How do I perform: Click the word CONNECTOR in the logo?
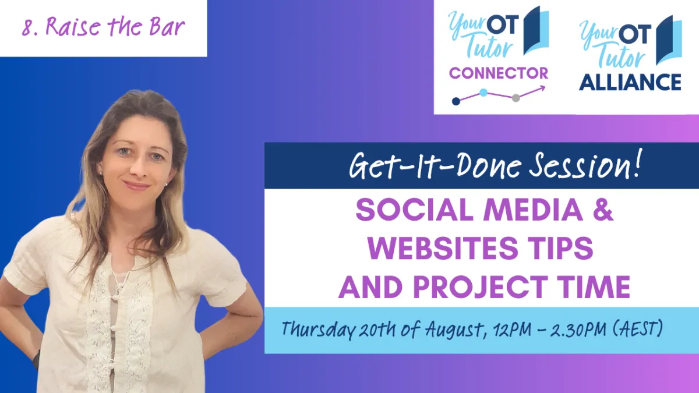point(499,73)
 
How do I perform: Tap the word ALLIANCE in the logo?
point(630,82)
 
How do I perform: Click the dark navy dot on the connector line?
point(456,101)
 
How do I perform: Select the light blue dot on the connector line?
point(483,93)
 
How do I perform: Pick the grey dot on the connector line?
point(516,98)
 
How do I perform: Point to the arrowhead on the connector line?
point(542,88)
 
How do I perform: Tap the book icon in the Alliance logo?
point(669,40)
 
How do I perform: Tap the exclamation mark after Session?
point(636,163)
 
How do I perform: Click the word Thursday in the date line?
point(318,330)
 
